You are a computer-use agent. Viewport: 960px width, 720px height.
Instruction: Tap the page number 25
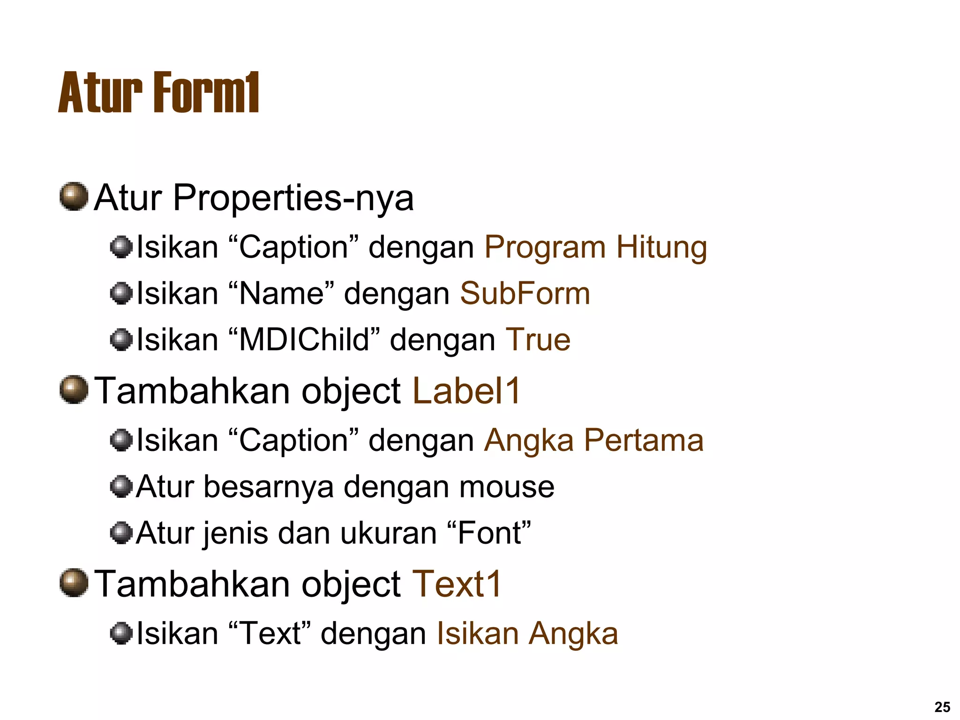(x=942, y=707)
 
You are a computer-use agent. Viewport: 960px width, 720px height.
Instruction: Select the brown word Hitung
(x=661, y=247)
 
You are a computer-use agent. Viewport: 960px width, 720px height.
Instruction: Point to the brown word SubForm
(x=525, y=294)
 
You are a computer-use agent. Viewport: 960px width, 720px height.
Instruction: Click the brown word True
(x=538, y=340)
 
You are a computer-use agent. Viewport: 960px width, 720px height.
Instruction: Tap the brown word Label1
(x=466, y=391)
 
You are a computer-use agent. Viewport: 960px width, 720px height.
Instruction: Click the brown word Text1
(x=457, y=585)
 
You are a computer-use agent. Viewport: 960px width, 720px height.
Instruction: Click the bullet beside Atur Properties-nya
(x=74, y=197)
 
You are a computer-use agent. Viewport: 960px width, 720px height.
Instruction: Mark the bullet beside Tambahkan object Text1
(x=74, y=583)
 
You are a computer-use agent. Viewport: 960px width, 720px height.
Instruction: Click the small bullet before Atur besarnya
(x=121, y=486)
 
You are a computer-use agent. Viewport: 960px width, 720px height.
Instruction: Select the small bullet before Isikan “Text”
(x=121, y=633)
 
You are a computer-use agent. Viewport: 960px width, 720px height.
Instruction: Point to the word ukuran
(x=388, y=533)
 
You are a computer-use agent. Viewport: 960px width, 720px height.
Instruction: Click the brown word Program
(x=545, y=247)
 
